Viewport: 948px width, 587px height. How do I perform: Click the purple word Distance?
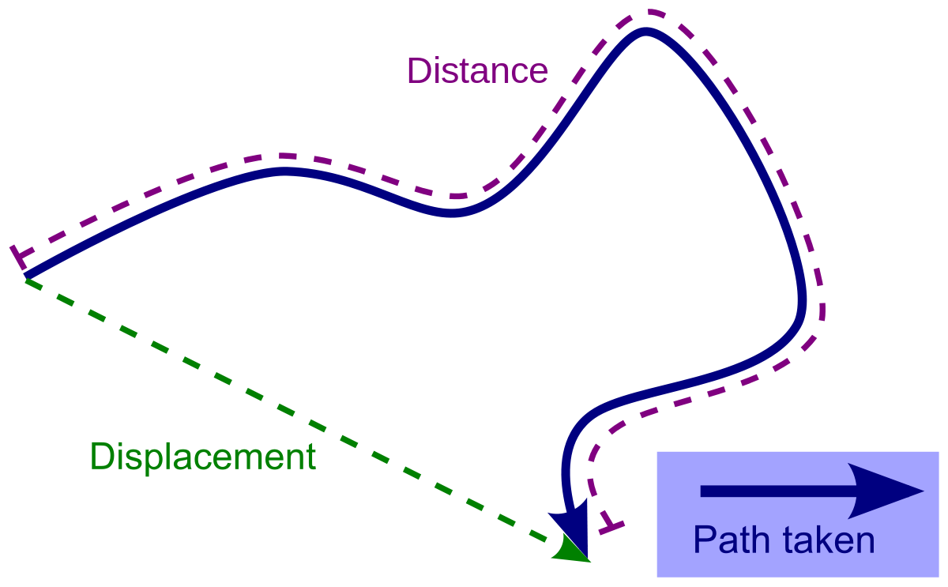coord(477,71)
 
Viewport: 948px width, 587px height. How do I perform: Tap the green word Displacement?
coord(202,457)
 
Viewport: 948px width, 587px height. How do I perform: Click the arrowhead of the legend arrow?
coord(897,491)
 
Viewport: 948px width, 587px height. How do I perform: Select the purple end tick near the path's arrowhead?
coord(611,525)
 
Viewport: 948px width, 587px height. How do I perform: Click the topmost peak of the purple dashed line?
coord(653,13)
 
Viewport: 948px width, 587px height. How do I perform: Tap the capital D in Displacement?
coord(101,457)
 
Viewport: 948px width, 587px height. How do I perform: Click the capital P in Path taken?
coord(704,541)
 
